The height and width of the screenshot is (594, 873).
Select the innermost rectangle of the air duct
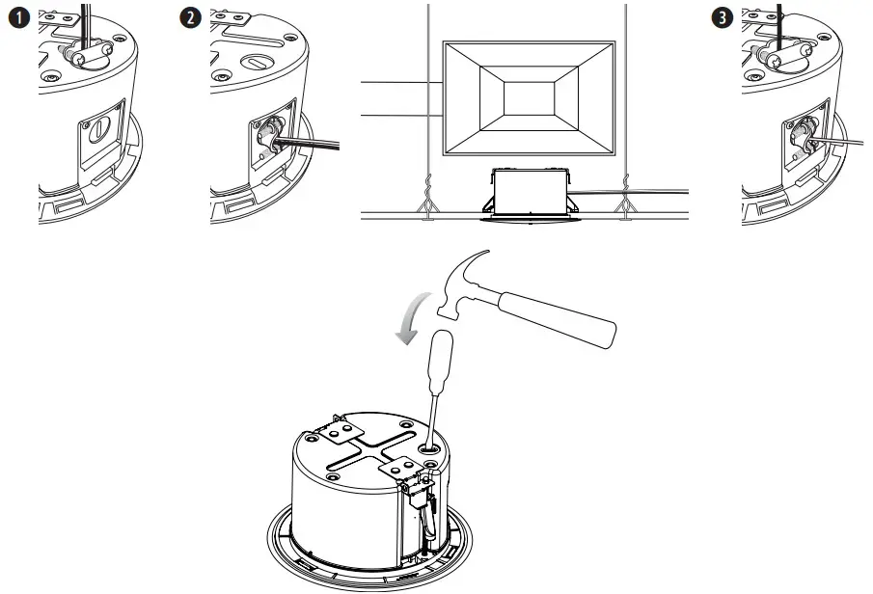pos(529,99)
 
